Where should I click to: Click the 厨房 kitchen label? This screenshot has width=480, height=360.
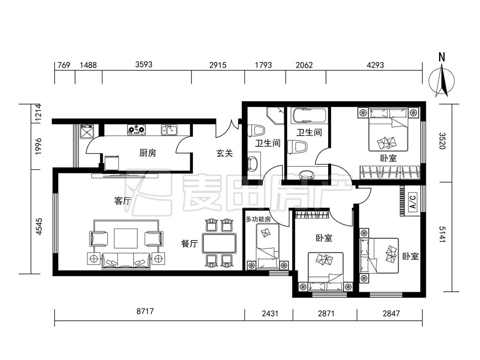coord(148,153)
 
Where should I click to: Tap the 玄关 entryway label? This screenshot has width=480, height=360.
coord(225,153)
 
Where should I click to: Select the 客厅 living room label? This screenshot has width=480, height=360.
coord(122,201)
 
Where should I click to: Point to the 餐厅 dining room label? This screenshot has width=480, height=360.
coord(189,244)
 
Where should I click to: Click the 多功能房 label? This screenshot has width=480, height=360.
coord(258,219)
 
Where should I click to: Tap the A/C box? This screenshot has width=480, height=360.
coord(413,201)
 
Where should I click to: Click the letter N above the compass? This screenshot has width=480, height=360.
coord(442,57)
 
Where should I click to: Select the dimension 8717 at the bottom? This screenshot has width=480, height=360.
coord(145,312)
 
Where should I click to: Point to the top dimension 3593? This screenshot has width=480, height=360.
coord(144,64)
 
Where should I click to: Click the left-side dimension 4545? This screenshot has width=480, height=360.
coord(39,226)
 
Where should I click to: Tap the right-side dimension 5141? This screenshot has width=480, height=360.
coord(442,234)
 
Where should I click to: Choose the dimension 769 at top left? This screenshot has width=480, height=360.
coord(64,65)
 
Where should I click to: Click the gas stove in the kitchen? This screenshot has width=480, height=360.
coord(137,130)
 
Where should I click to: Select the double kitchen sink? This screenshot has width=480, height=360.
coord(169,130)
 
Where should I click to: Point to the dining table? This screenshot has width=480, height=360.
coord(219,243)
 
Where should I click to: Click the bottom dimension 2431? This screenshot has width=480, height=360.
coord(270,314)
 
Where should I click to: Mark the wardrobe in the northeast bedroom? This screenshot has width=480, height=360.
coord(390,172)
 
